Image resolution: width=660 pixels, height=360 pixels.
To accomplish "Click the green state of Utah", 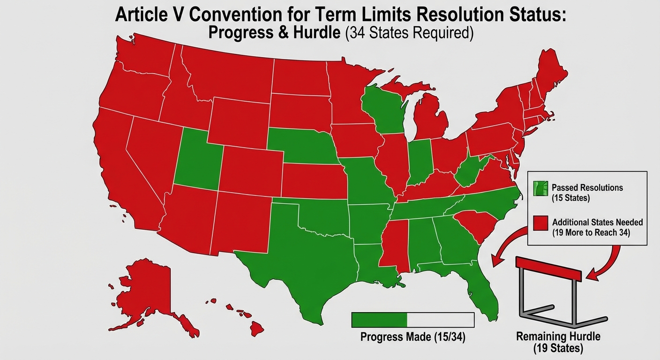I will pyautogui.click(x=197, y=157).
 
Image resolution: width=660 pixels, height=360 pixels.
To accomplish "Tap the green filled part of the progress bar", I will pyautogui.click(x=379, y=320).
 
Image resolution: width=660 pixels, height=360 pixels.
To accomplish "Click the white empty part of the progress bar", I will pyautogui.click(x=441, y=320).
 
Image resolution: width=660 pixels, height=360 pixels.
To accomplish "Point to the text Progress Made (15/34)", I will pyautogui.click(x=412, y=337).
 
